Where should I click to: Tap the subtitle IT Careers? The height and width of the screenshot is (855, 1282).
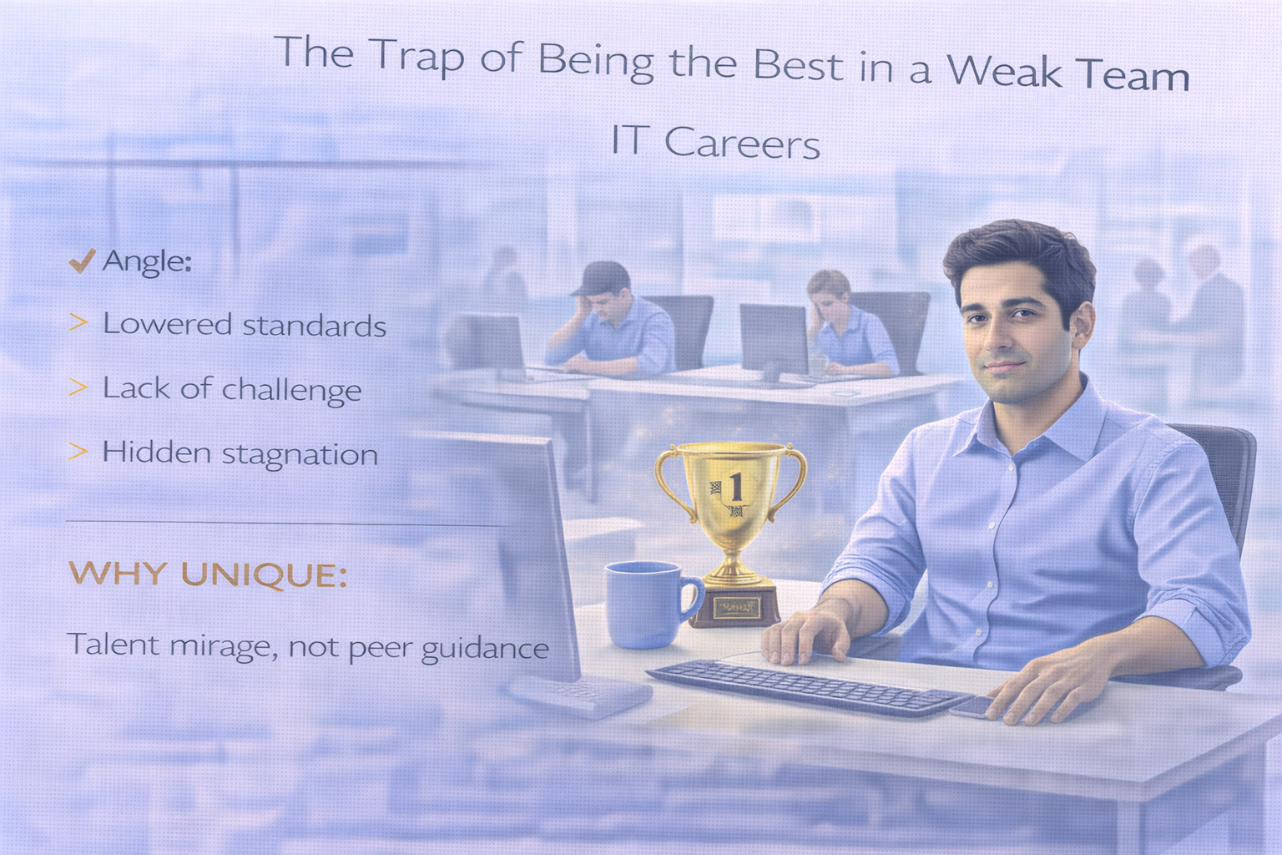click(715, 143)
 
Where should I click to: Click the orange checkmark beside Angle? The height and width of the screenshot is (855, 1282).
click(81, 262)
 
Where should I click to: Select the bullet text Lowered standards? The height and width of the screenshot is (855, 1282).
click(244, 325)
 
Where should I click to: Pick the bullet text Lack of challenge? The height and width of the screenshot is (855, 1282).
click(231, 389)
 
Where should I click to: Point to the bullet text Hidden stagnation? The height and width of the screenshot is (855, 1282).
click(240, 453)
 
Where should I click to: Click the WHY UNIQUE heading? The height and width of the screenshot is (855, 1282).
click(207, 574)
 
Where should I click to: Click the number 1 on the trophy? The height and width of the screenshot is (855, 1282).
click(734, 485)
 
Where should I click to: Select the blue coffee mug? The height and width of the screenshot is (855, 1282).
click(644, 604)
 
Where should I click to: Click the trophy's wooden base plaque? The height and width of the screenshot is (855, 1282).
click(735, 607)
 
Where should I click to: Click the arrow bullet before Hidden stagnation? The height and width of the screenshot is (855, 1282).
click(78, 452)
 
